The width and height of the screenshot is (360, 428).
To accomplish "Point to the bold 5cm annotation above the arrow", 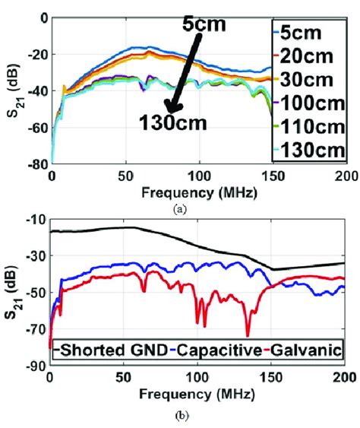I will [203, 26].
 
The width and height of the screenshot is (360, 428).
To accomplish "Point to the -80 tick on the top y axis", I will [33, 162].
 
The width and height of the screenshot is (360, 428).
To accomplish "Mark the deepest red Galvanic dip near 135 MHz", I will [248, 334].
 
